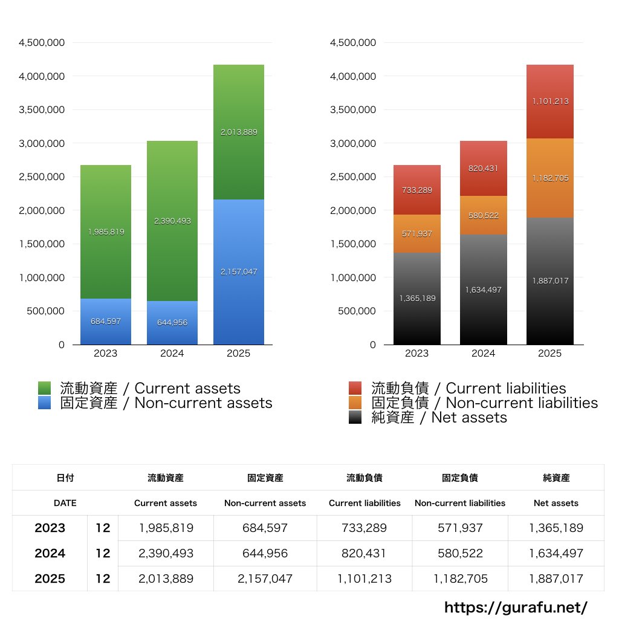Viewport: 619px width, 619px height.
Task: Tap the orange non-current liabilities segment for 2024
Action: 483,215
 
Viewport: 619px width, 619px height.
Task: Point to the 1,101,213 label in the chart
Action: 550,102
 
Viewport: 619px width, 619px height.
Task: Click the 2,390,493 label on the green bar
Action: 172,221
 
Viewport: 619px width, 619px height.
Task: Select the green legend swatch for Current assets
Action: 44,388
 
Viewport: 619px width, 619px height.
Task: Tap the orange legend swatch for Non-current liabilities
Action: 355,403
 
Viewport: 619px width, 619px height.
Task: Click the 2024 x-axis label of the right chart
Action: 483,354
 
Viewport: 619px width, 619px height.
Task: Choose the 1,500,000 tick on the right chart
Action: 353,244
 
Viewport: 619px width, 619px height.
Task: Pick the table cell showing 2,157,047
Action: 265,578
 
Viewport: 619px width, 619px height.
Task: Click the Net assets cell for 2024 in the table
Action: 556,553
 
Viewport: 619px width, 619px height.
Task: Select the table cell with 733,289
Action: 365,528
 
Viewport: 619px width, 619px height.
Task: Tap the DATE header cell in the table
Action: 65,503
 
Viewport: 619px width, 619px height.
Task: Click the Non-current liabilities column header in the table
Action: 460,503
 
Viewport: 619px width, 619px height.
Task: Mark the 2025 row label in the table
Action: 50,578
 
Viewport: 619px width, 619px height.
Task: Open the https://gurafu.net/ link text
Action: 516,607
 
